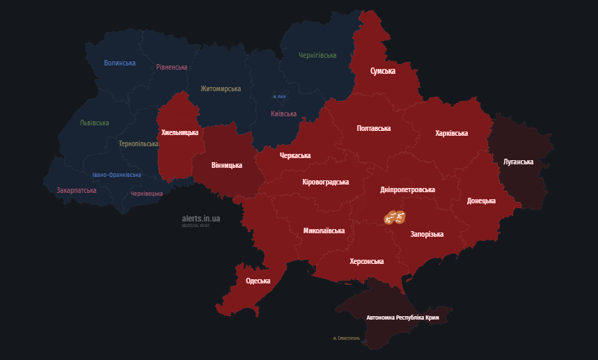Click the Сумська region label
tap(383, 71)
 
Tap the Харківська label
tap(451, 133)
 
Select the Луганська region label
tap(518, 162)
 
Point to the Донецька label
tap(481, 201)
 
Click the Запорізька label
tap(427, 234)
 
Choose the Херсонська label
tap(366, 261)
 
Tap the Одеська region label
tap(258, 281)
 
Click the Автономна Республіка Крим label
tap(402, 318)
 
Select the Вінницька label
tap(226, 165)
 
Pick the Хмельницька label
tap(180, 132)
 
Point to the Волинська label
tap(120, 63)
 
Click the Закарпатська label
tap(77, 189)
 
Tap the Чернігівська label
tap(317, 55)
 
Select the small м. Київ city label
tap(278, 96)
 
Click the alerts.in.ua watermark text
tap(200, 218)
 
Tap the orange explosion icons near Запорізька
tap(394, 217)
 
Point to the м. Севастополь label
tap(346, 338)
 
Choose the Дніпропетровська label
tap(408, 189)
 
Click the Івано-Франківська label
tap(116, 175)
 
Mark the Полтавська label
tap(373, 128)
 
